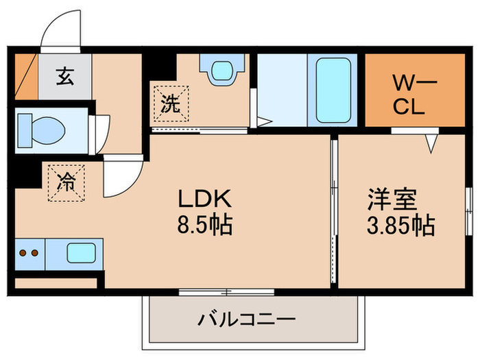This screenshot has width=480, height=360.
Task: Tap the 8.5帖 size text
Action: (205, 224)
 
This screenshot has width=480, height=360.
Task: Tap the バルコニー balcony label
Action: (248, 319)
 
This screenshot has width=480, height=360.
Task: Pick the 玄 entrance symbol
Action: (64, 76)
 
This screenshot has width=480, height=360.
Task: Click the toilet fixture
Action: (42, 128)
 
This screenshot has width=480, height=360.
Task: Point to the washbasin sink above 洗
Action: (221, 70)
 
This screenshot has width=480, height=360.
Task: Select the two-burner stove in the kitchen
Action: (28, 253)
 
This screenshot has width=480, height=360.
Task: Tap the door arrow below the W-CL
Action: (431, 142)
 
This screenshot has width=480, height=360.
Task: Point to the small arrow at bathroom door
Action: (261, 123)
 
